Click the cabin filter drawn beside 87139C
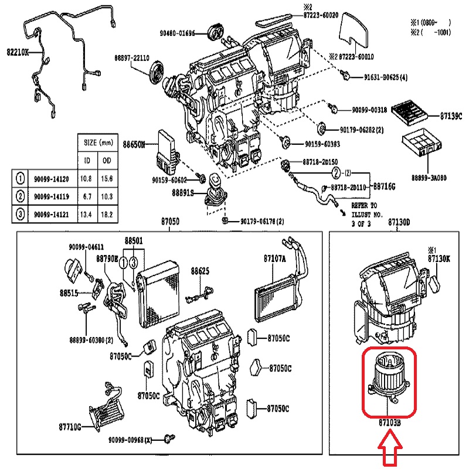412,109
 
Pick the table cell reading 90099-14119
52,196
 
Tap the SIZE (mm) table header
98,142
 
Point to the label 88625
200,271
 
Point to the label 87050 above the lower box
170,222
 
